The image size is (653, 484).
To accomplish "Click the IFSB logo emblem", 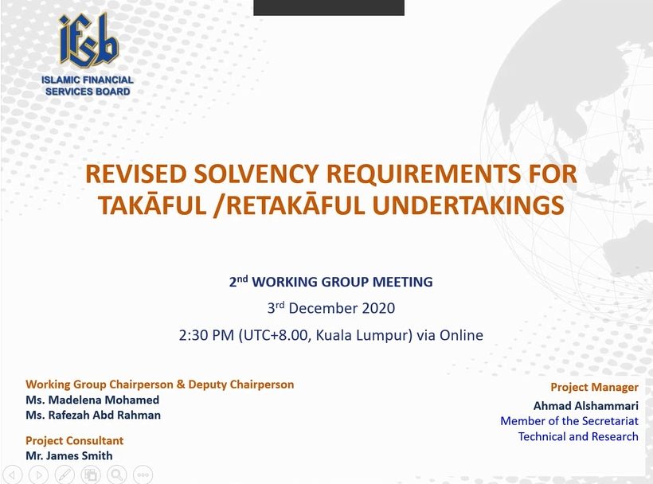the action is (88, 41).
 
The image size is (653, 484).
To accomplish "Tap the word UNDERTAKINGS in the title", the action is (468, 205).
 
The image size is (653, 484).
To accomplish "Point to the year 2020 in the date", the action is (378, 308).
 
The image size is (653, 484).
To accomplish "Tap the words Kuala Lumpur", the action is (362, 335).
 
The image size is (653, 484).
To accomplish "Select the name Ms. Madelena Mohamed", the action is (92, 400).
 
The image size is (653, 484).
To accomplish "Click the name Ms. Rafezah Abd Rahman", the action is (93, 416).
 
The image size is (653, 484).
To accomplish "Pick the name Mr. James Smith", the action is (69, 455).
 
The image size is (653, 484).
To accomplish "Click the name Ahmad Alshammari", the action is (586, 406).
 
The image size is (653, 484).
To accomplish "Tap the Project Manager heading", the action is (594, 388).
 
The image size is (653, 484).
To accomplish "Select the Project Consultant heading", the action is (75, 441).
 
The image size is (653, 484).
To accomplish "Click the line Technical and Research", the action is (578, 436).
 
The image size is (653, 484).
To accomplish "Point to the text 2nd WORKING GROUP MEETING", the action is (330, 281).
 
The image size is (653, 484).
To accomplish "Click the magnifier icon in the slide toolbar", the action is (116, 474).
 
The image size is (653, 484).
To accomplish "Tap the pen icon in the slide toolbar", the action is (65, 474).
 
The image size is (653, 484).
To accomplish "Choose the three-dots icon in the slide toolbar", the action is (143, 474).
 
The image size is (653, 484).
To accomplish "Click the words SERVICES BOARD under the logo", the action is (88, 92).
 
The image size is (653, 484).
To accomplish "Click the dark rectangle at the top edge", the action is (329, 7).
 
